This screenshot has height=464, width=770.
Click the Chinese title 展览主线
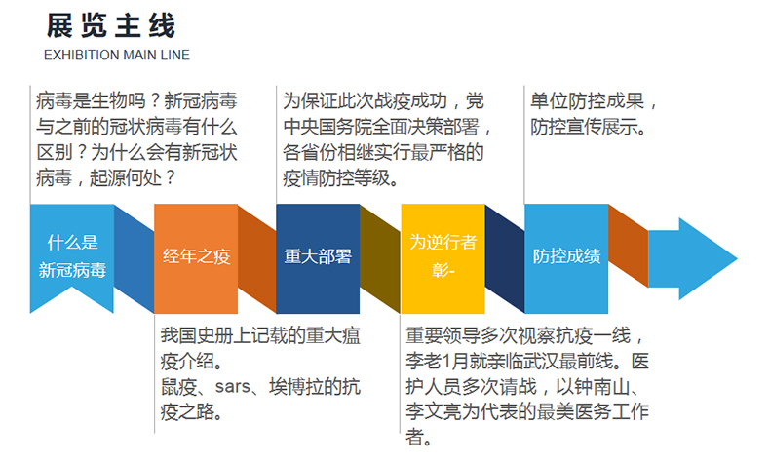click(x=111, y=25)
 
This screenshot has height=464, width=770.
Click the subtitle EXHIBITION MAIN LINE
click(x=117, y=55)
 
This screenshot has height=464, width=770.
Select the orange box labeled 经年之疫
click(x=196, y=258)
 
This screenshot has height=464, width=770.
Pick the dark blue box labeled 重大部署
click(x=318, y=258)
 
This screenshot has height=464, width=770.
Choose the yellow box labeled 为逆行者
click(x=443, y=258)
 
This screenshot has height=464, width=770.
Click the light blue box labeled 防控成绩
click(x=566, y=258)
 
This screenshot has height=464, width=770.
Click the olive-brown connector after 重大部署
click(x=380, y=258)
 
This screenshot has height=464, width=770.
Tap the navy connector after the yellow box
click(x=505, y=258)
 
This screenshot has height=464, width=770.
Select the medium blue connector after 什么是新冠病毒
click(x=135, y=258)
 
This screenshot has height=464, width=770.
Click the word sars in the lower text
click(x=233, y=387)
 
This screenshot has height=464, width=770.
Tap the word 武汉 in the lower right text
click(x=540, y=362)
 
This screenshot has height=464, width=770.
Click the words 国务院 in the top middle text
click(x=347, y=127)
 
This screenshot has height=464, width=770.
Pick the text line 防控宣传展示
click(x=589, y=127)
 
